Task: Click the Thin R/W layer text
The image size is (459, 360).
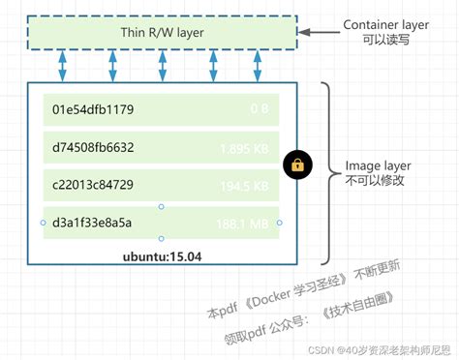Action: (x=162, y=32)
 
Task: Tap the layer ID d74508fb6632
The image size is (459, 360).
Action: (x=94, y=148)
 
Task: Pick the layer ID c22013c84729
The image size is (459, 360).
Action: (x=94, y=185)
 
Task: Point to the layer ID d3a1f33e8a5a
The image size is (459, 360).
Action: (x=93, y=223)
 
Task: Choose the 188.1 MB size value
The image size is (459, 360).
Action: (x=243, y=223)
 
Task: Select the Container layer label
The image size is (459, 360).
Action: (x=387, y=24)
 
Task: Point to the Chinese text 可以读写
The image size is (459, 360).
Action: (x=372, y=41)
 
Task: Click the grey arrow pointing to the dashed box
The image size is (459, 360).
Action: (x=317, y=32)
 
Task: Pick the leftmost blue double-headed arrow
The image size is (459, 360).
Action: (x=64, y=69)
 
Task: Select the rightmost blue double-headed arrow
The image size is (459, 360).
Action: (x=258, y=69)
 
